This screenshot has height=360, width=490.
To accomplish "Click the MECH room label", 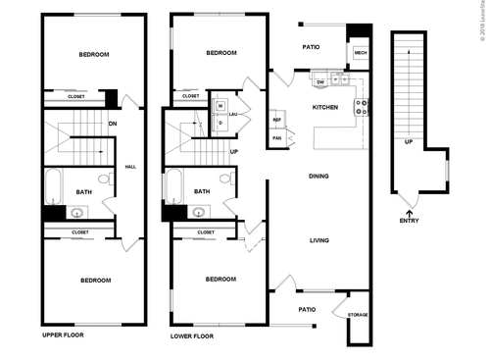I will click(x=360, y=53).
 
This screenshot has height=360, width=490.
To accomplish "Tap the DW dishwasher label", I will click(x=319, y=81).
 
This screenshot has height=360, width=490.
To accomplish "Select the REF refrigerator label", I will click(x=277, y=120).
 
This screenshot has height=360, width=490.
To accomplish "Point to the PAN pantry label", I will click(x=277, y=138).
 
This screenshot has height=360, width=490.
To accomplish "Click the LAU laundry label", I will click(x=233, y=114).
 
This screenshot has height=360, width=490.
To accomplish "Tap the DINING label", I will click(x=318, y=177).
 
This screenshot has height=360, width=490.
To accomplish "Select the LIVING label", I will click(x=318, y=240).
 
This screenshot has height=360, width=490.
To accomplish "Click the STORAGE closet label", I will click(x=357, y=315).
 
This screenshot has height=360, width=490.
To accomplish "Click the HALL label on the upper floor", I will click(x=130, y=167).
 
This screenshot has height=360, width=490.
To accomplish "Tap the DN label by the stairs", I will click(x=113, y=124).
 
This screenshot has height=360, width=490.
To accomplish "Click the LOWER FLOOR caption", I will click(x=192, y=335).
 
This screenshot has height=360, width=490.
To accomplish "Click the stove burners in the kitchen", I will click(x=361, y=107).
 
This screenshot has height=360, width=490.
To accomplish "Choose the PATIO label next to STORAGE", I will click(x=307, y=309).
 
